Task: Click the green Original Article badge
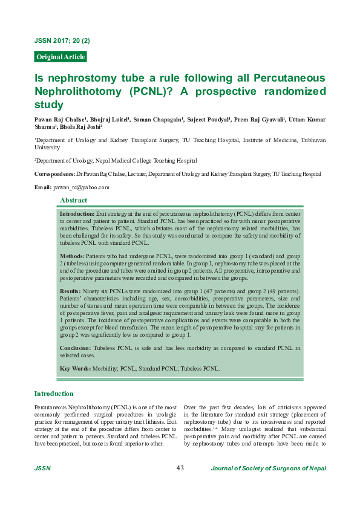click(x=61, y=57)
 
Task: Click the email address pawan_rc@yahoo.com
click(x=80, y=187)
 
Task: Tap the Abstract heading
click(x=73, y=200)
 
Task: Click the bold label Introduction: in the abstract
click(x=77, y=214)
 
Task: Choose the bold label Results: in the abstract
click(x=71, y=292)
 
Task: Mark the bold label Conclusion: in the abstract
click(x=76, y=349)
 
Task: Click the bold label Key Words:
click(x=76, y=368)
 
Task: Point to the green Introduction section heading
click(x=54, y=394)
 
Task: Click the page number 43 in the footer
click(x=180, y=468)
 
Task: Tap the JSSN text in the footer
click(x=42, y=468)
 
